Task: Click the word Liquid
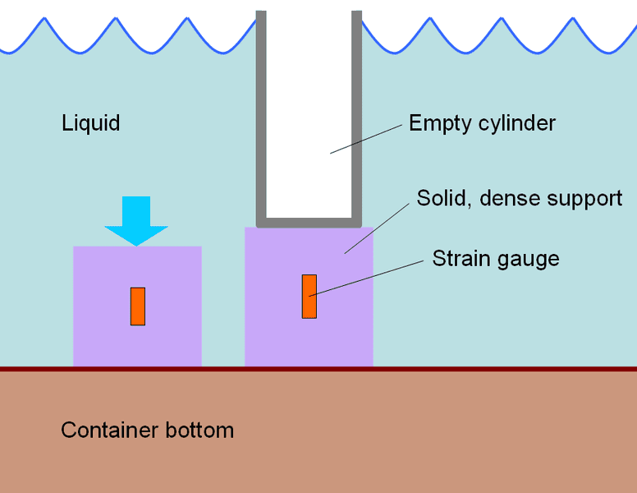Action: coord(90,123)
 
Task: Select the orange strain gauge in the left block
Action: coord(138,306)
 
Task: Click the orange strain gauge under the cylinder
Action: coord(309,296)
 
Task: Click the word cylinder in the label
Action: coord(516,123)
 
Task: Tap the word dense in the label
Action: coord(502,198)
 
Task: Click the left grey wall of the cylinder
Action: coord(261,115)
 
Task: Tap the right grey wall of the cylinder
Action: coord(357,115)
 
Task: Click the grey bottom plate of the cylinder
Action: coord(309,222)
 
